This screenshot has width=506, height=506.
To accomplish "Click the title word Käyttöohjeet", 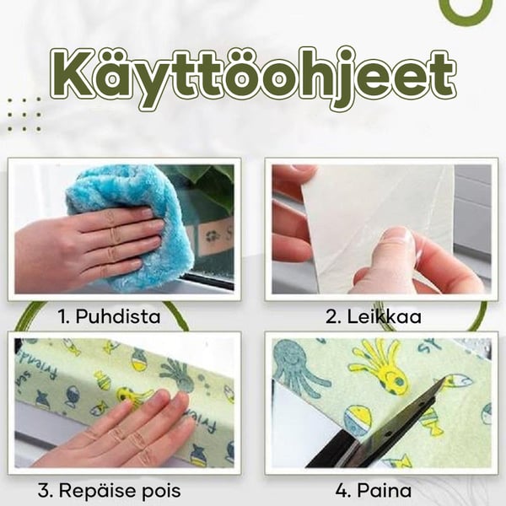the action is tap(253, 78).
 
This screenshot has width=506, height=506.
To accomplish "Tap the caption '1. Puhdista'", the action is tap(109, 316).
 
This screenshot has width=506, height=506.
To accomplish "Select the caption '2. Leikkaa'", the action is tap(374, 316).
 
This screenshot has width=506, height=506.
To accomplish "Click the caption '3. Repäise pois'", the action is tap(109, 491).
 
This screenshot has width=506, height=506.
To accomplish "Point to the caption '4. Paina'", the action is tap(374, 491).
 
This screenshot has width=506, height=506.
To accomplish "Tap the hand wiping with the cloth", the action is tap(87, 245).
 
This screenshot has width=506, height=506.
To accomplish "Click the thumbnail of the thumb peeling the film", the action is tap(396, 240).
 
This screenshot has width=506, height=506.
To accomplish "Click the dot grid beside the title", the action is tap(24, 115).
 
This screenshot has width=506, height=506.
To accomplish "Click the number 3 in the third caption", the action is tap(44, 491).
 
